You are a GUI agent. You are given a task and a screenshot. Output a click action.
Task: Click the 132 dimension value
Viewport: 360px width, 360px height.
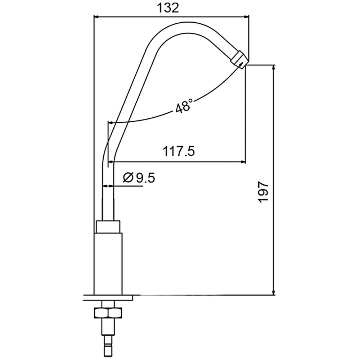point(168,8)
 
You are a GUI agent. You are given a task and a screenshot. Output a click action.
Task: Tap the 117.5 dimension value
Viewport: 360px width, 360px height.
point(179,152)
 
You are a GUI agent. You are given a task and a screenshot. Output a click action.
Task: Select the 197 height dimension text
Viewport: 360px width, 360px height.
point(264,192)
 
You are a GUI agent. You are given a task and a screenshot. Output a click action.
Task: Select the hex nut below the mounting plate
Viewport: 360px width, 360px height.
point(108,313)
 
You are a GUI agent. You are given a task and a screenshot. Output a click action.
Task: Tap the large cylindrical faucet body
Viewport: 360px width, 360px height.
point(108,264)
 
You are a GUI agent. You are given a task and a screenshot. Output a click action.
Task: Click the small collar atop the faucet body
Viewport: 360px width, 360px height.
point(108,227)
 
